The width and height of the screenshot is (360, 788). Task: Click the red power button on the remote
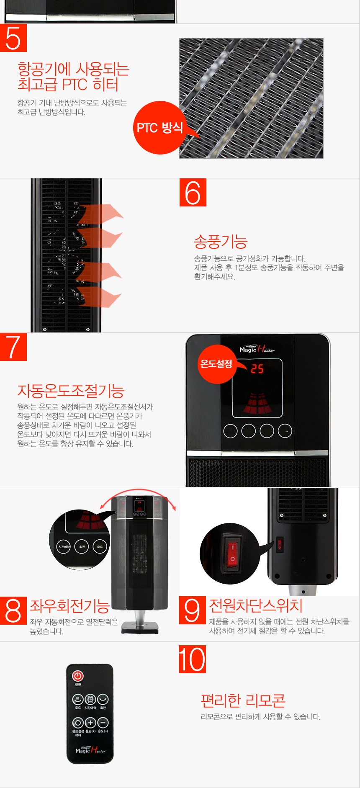[78, 676]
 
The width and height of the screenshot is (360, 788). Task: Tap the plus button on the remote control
[90, 723]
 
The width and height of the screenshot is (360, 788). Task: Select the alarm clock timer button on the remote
[90, 699]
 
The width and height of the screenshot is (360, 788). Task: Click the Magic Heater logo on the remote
[90, 750]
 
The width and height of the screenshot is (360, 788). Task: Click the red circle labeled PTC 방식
[159, 128]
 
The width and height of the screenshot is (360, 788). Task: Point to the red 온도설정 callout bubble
[216, 364]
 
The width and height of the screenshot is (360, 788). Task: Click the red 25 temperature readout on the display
[257, 369]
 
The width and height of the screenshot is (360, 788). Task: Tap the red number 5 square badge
[13, 38]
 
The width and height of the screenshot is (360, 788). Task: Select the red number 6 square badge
[193, 193]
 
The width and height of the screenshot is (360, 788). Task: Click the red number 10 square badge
[193, 659]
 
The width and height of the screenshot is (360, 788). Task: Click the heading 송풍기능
[221, 242]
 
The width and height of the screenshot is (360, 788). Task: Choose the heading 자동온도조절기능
[71, 391]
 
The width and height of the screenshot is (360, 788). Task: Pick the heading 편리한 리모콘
[243, 700]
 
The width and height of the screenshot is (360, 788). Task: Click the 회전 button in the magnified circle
[82, 546]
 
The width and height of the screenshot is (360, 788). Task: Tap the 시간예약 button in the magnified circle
[64, 546]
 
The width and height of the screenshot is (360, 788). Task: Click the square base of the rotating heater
[140, 627]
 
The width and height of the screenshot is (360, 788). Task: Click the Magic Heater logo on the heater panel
[257, 349]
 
